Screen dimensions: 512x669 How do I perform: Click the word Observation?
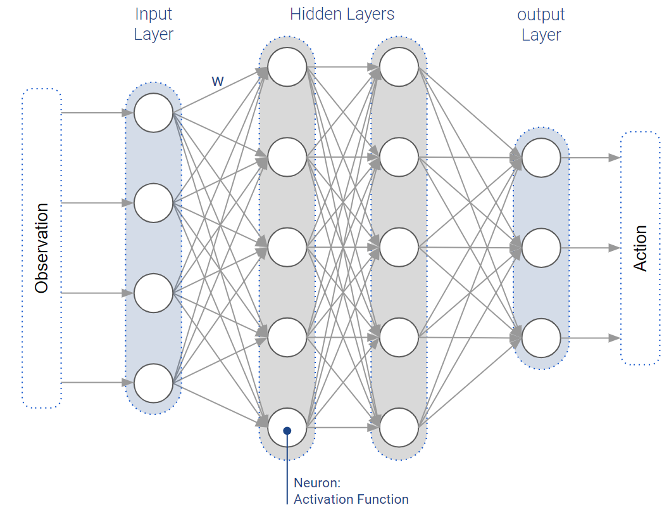tap(42, 248)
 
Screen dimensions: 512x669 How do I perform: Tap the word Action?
tap(641, 248)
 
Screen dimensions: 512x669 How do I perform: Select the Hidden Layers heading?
tap(342, 14)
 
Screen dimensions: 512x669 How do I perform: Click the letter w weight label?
tap(217, 81)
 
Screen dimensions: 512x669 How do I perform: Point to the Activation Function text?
tap(351, 499)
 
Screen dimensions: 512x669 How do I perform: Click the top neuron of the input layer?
tap(153, 113)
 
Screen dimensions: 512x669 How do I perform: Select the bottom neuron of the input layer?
tap(153, 383)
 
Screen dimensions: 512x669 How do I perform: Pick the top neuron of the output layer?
tap(541, 158)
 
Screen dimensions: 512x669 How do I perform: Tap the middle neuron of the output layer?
tap(541, 248)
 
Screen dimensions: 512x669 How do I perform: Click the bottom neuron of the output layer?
tap(541, 338)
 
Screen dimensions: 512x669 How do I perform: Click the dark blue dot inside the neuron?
tap(287, 431)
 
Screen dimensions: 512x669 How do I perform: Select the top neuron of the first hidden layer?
tap(287, 67)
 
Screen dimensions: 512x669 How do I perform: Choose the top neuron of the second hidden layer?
tap(399, 67)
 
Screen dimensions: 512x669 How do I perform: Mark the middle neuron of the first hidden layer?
tap(287, 247)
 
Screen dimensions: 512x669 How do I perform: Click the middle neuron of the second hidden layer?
tap(399, 247)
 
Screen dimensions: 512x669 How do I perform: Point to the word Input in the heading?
tap(153, 14)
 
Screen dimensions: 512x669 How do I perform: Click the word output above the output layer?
tap(541, 14)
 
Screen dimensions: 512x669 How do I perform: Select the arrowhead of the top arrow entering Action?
tap(614, 158)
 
